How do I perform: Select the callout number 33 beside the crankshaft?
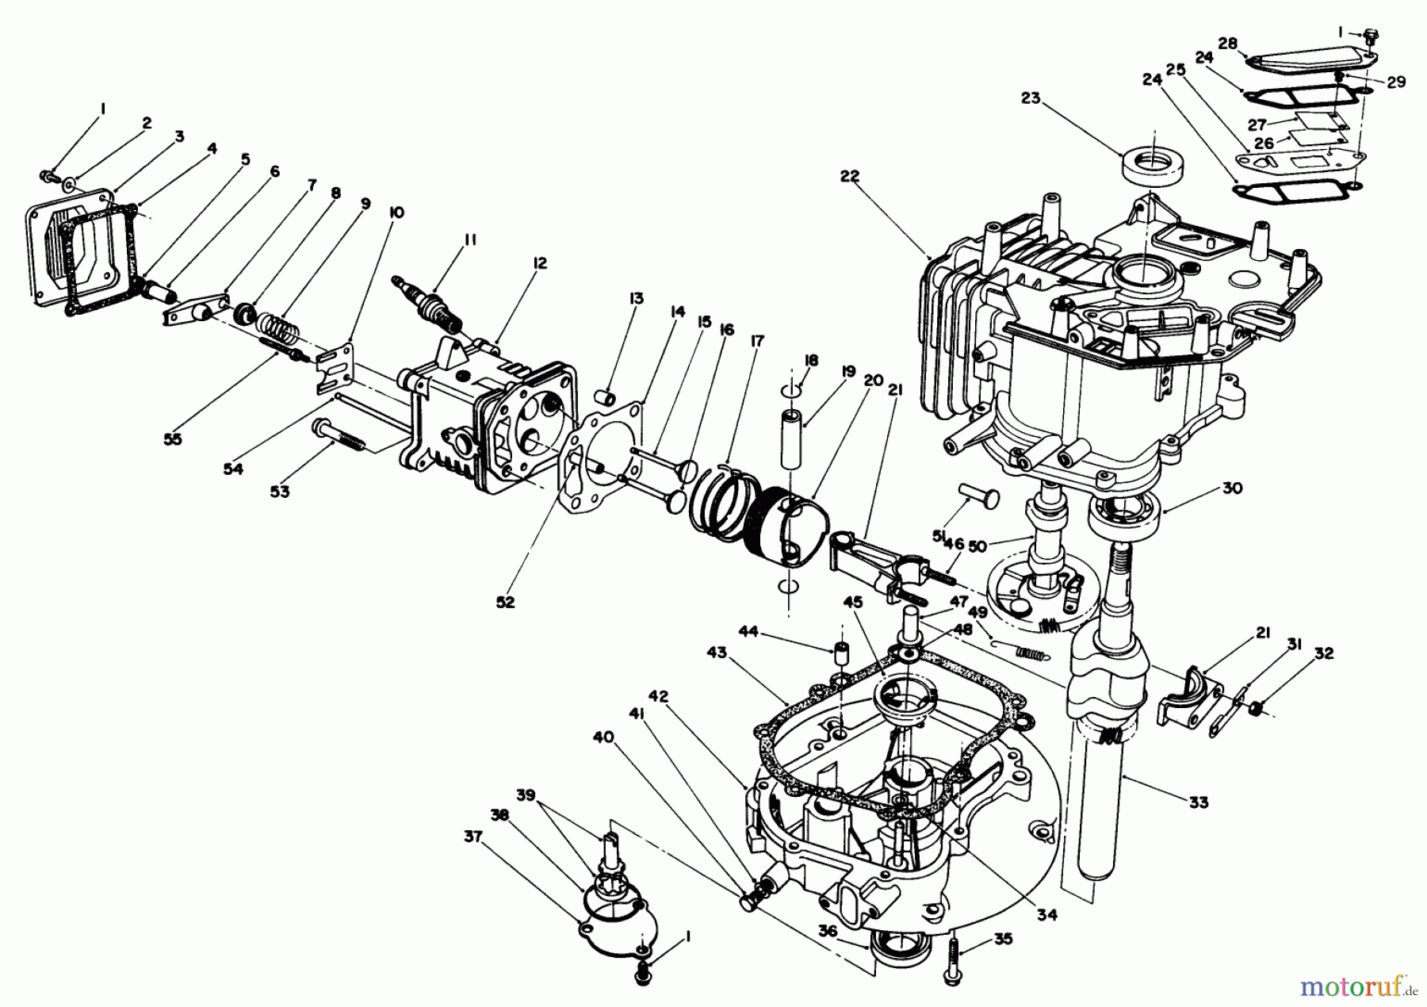pyautogui.click(x=1199, y=802)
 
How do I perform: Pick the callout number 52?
pyautogui.click(x=505, y=602)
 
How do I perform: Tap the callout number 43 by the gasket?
pyautogui.click(x=717, y=652)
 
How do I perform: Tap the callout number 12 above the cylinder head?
pyautogui.click(x=540, y=263)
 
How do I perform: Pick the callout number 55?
pyautogui.click(x=172, y=438)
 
